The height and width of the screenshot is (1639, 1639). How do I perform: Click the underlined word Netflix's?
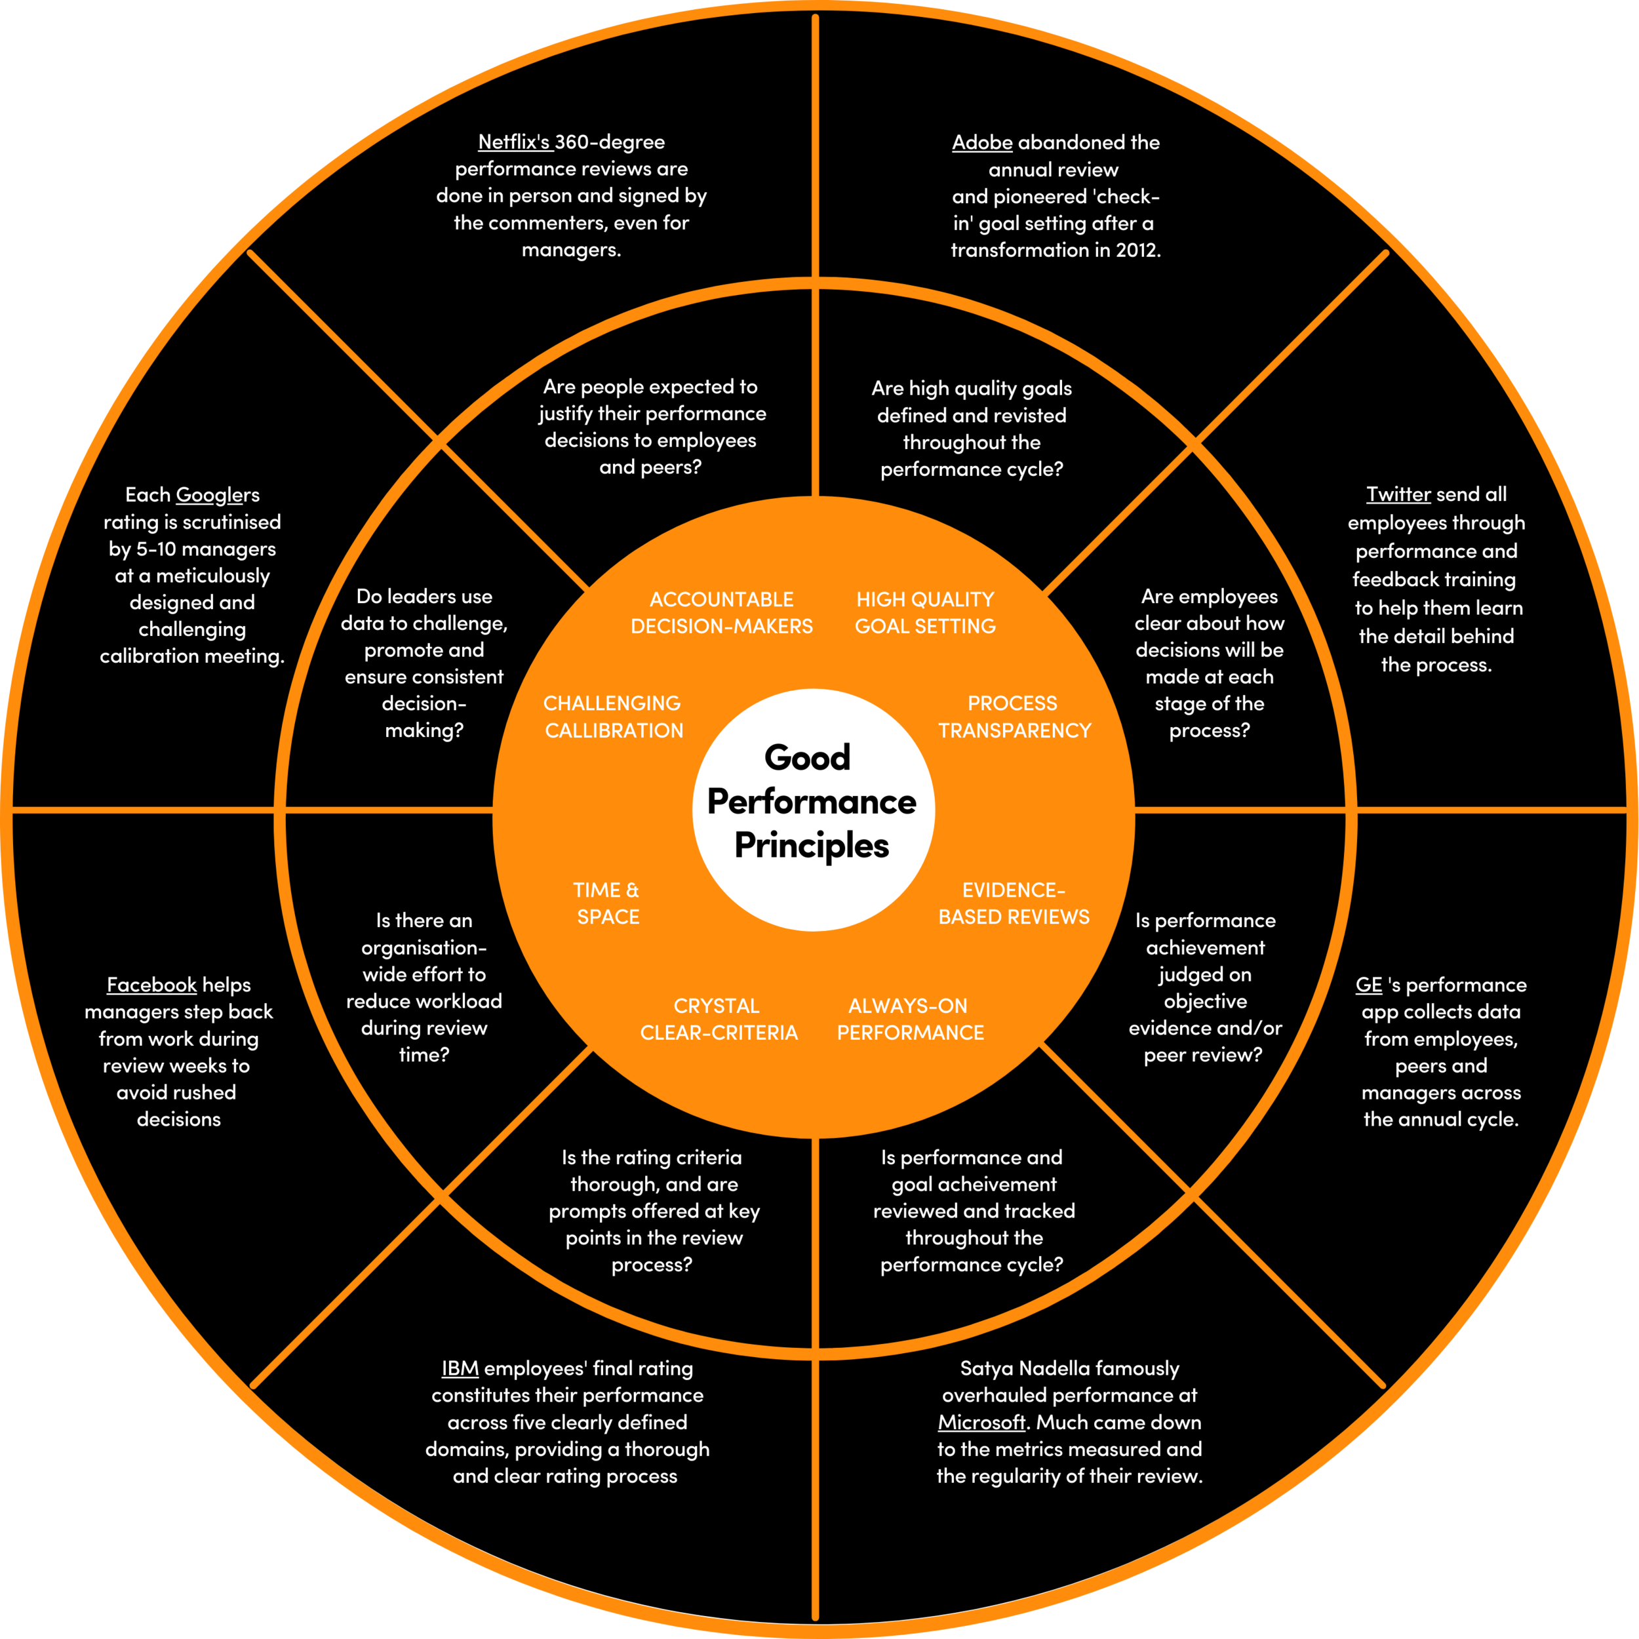coord(514,142)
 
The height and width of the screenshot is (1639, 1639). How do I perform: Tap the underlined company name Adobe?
coord(981,142)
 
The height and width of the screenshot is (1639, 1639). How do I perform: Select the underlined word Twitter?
coord(1398,494)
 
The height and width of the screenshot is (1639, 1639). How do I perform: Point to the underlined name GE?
coord(1368,985)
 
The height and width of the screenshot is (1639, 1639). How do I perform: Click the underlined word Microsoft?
coord(981,1422)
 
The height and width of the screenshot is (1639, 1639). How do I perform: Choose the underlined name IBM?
coord(460,1368)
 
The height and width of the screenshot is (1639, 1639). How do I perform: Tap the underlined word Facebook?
coord(151,985)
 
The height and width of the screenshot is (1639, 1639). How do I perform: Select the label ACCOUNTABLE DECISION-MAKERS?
coord(721,612)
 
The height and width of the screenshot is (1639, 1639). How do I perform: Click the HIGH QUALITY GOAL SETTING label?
coord(924,612)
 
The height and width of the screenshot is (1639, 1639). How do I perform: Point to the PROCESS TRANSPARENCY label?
coord(1014,717)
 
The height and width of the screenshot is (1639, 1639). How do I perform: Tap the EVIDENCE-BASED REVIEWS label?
coord(1014,903)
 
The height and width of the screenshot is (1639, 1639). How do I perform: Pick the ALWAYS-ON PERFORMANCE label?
coord(910,1019)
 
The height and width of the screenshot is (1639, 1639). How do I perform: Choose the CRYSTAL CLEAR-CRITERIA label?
coord(719,1019)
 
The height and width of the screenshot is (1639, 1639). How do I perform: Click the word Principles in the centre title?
coord(811,846)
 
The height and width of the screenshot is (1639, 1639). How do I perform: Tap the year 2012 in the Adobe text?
coord(1136,250)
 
